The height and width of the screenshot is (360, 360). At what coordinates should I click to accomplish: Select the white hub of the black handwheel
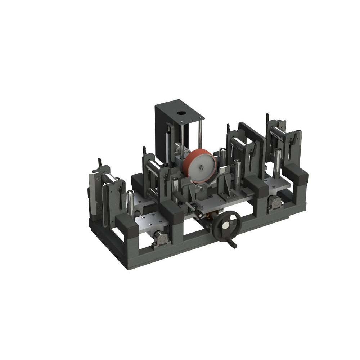[x=226, y=225]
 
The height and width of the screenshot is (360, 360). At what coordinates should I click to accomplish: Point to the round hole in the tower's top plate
[x=180, y=113]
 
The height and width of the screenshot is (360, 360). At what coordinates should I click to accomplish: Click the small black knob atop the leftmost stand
[x=100, y=161]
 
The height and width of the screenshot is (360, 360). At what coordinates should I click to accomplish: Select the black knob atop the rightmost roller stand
[x=267, y=117]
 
